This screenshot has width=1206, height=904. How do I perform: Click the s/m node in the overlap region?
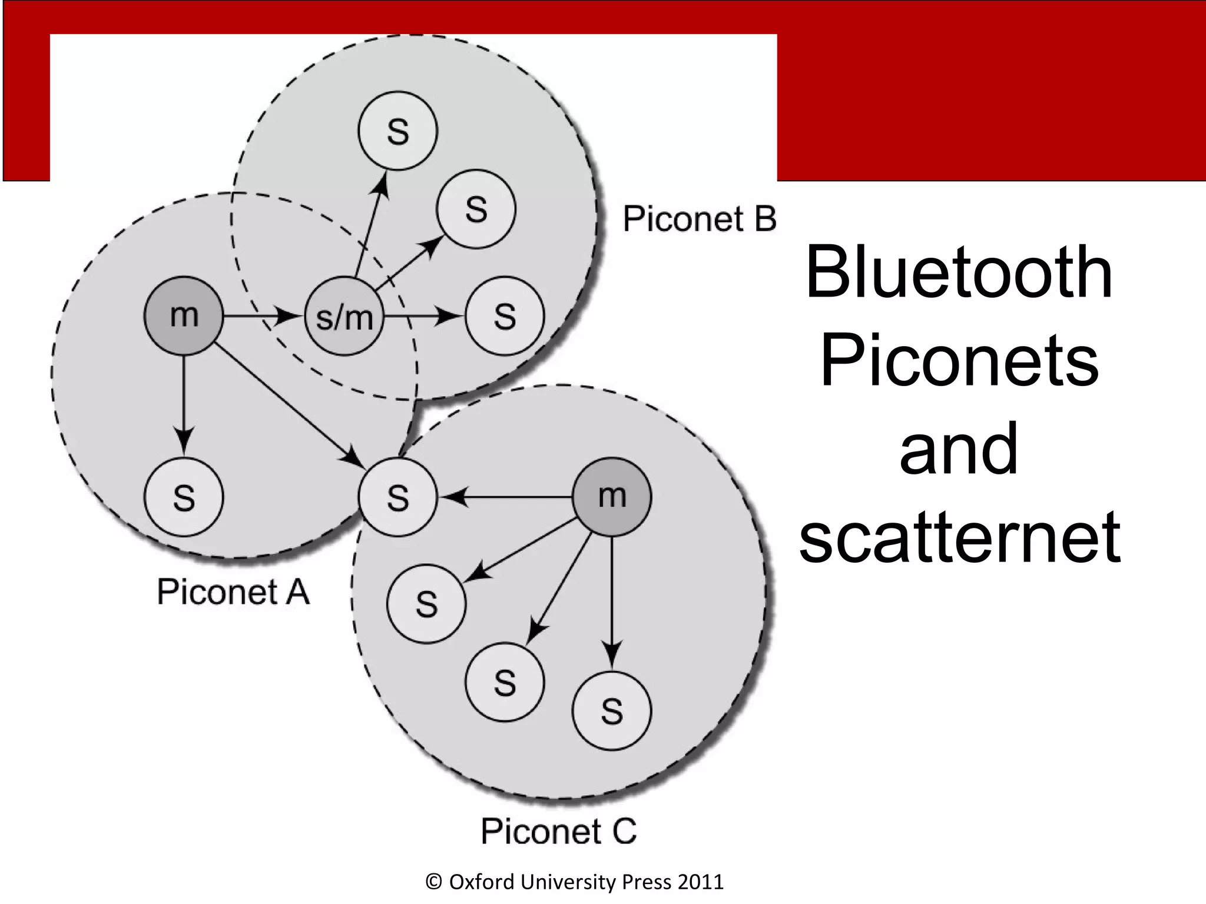(344, 316)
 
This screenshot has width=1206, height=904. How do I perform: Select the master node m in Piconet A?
(184, 316)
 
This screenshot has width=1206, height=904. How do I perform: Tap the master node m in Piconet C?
(612, 497)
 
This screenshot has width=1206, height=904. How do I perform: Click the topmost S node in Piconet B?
(398, 131)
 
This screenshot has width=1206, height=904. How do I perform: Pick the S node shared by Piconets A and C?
(398, 497)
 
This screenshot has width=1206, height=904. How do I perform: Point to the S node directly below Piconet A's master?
(184, 497)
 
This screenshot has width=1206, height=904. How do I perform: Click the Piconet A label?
(233, 591)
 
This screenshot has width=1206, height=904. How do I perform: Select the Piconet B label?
(700, 219)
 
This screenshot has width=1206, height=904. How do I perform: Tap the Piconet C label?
(559, 831)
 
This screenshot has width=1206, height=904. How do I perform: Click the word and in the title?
(959, 448)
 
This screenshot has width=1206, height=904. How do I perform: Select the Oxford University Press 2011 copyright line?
(574, 882)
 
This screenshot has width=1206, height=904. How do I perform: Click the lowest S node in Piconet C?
(612, 710)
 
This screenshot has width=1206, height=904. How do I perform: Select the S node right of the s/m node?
(505, 316)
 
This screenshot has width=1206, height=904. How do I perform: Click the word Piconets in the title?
(959, 360)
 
